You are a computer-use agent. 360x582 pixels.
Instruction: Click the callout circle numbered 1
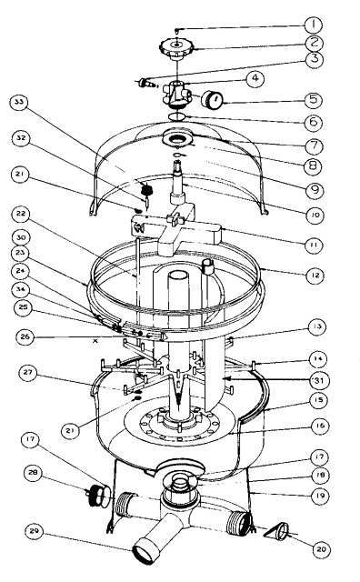click(x=314, y=25)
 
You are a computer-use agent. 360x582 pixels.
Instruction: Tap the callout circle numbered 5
click(x=314, y=99)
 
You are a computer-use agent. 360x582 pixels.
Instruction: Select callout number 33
click(x=19, y=103)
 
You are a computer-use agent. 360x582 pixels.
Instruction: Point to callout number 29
click(x=35, y=532)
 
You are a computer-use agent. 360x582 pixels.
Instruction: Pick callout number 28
click(x=34, y=473)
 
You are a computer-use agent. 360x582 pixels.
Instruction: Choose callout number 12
click(x=315, y=276)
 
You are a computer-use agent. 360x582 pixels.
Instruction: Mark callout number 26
click(x=25, y=337)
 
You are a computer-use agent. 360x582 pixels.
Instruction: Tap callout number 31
click(x=318, y=380)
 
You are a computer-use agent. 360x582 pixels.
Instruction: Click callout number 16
click(x=319, y=426)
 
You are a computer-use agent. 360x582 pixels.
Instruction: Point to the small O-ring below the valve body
click(x=177, y=116)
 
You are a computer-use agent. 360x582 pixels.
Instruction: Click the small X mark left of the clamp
click(x=95, y=341)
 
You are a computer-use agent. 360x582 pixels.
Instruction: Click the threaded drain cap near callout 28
click(x=99, y=494)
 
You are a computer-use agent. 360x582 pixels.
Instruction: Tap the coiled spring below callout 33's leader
click(x=148, y=190)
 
